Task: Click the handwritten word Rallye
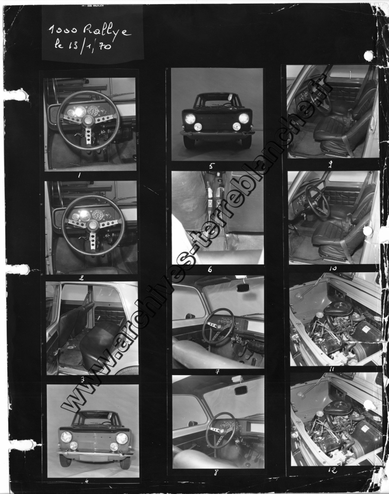pyautogui.click(x=107, y=31)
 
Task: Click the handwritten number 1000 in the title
pyautogui.click(x=63, y=30)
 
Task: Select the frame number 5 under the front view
pyautogui.click(x=212, y=166)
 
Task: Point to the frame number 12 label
pyautogui.click(x=332, y=470)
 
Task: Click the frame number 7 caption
pyautogui.click(x=217, y=371)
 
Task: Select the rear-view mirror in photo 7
pyautogui.click(x=243, y=289)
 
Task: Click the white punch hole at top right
pyautogui.click(x=369, y=56)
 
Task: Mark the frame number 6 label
pyautogui.click(x=210, y=269)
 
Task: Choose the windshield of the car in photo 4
pyautogui.click(x=94, y=418)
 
